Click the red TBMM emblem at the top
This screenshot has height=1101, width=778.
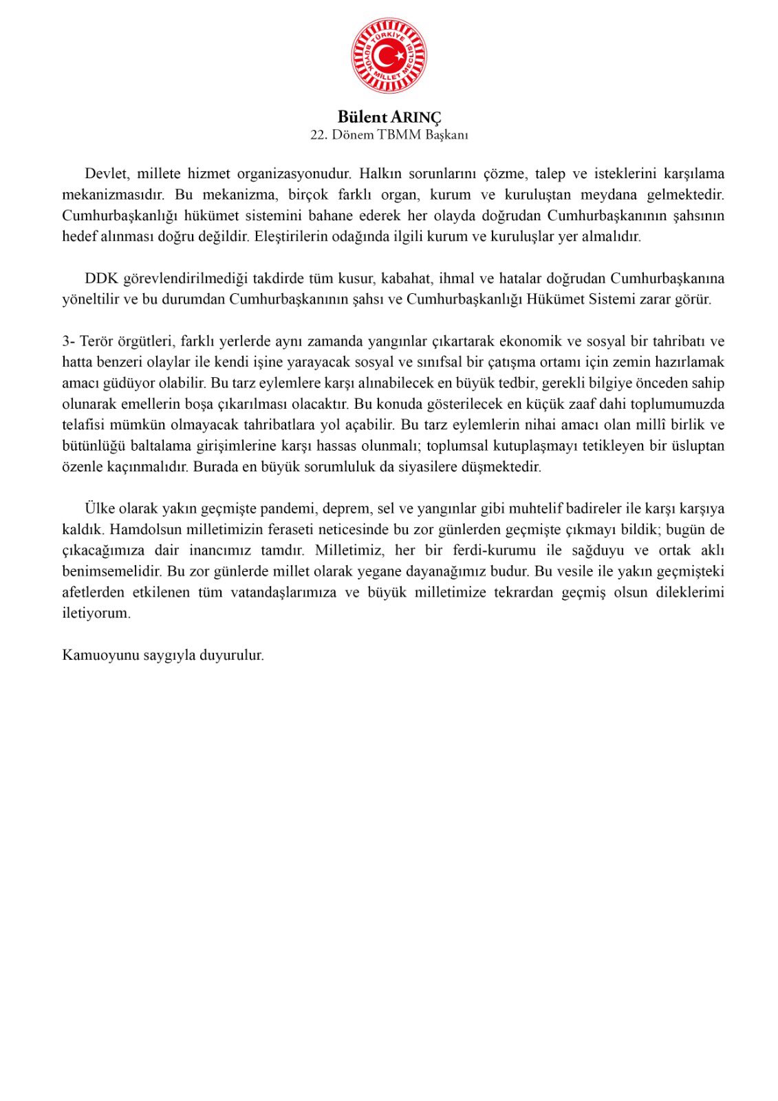pos(389,56)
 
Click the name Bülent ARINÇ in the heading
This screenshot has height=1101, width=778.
pos(389,117)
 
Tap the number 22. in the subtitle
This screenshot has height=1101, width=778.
pos(318,135)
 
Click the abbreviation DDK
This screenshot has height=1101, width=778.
pos(102,279)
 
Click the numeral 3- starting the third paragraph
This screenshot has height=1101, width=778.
pos(69,341)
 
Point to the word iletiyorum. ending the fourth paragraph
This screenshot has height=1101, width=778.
pos(96,614)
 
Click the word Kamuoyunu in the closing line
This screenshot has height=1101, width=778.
pos(101,655)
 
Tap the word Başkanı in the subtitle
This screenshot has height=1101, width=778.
pos(446,135)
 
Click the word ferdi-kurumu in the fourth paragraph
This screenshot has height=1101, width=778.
pos(494,550)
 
